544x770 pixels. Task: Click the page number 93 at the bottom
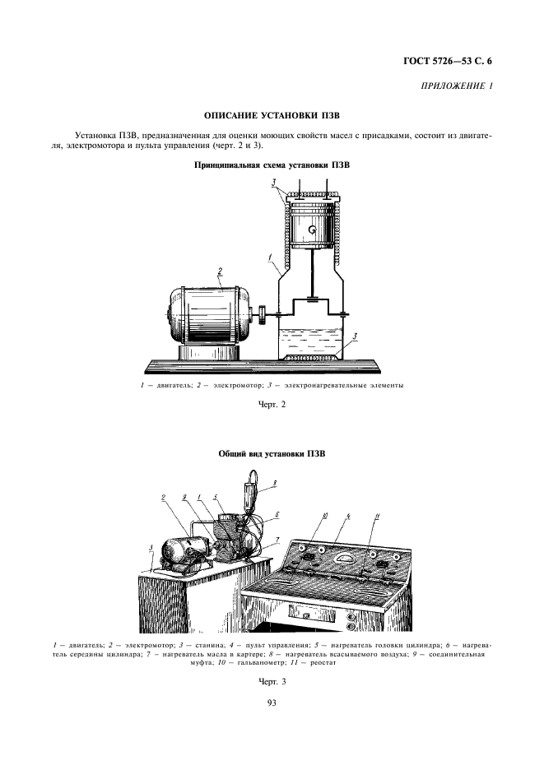point(272,702)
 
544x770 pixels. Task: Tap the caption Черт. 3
point(272,682)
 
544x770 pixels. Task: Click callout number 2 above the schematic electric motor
point(221,271)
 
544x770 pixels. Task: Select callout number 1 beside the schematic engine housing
point(269,257)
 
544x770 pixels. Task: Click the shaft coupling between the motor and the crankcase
point(261,313)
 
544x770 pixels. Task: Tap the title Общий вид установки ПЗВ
point(272,453)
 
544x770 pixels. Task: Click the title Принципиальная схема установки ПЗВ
point(272,165)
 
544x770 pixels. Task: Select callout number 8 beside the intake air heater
point(274,483)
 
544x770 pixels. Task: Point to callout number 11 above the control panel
point(378,516)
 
